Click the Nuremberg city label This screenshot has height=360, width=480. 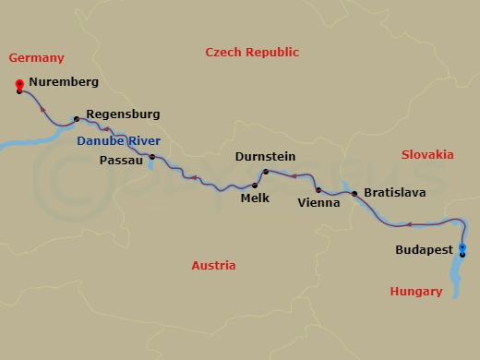pyautogui.click(x=64, y=82)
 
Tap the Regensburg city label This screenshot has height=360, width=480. pyautogui.click(x=123, y=114)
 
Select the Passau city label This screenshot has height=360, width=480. pyautogui.click(x=120, y=160)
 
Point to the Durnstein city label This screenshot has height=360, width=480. pyautogui.click(x=265, y=157)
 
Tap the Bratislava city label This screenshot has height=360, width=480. pyautogui.click(x=395, y=193)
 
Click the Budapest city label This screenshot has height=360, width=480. pyautogui.click(x=424, y=249)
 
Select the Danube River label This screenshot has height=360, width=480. pyautogui.click(x=118, y=138)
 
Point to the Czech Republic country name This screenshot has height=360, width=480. pyautogui.click(x=252, y=53)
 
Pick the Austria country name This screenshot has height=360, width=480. pyautogui.click(x=213, y=266)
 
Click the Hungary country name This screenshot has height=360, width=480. pyautogui.click(x=416, y=292)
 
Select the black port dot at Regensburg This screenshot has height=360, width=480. pyautogui.click(x=76, y=119)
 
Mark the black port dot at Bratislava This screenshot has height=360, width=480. pyautogui.click(x=354, y=193)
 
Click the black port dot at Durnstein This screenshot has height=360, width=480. pyautogui.click(x=266, y=172)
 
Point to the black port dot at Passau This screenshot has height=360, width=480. pyautogui.click(x=152, y=158)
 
